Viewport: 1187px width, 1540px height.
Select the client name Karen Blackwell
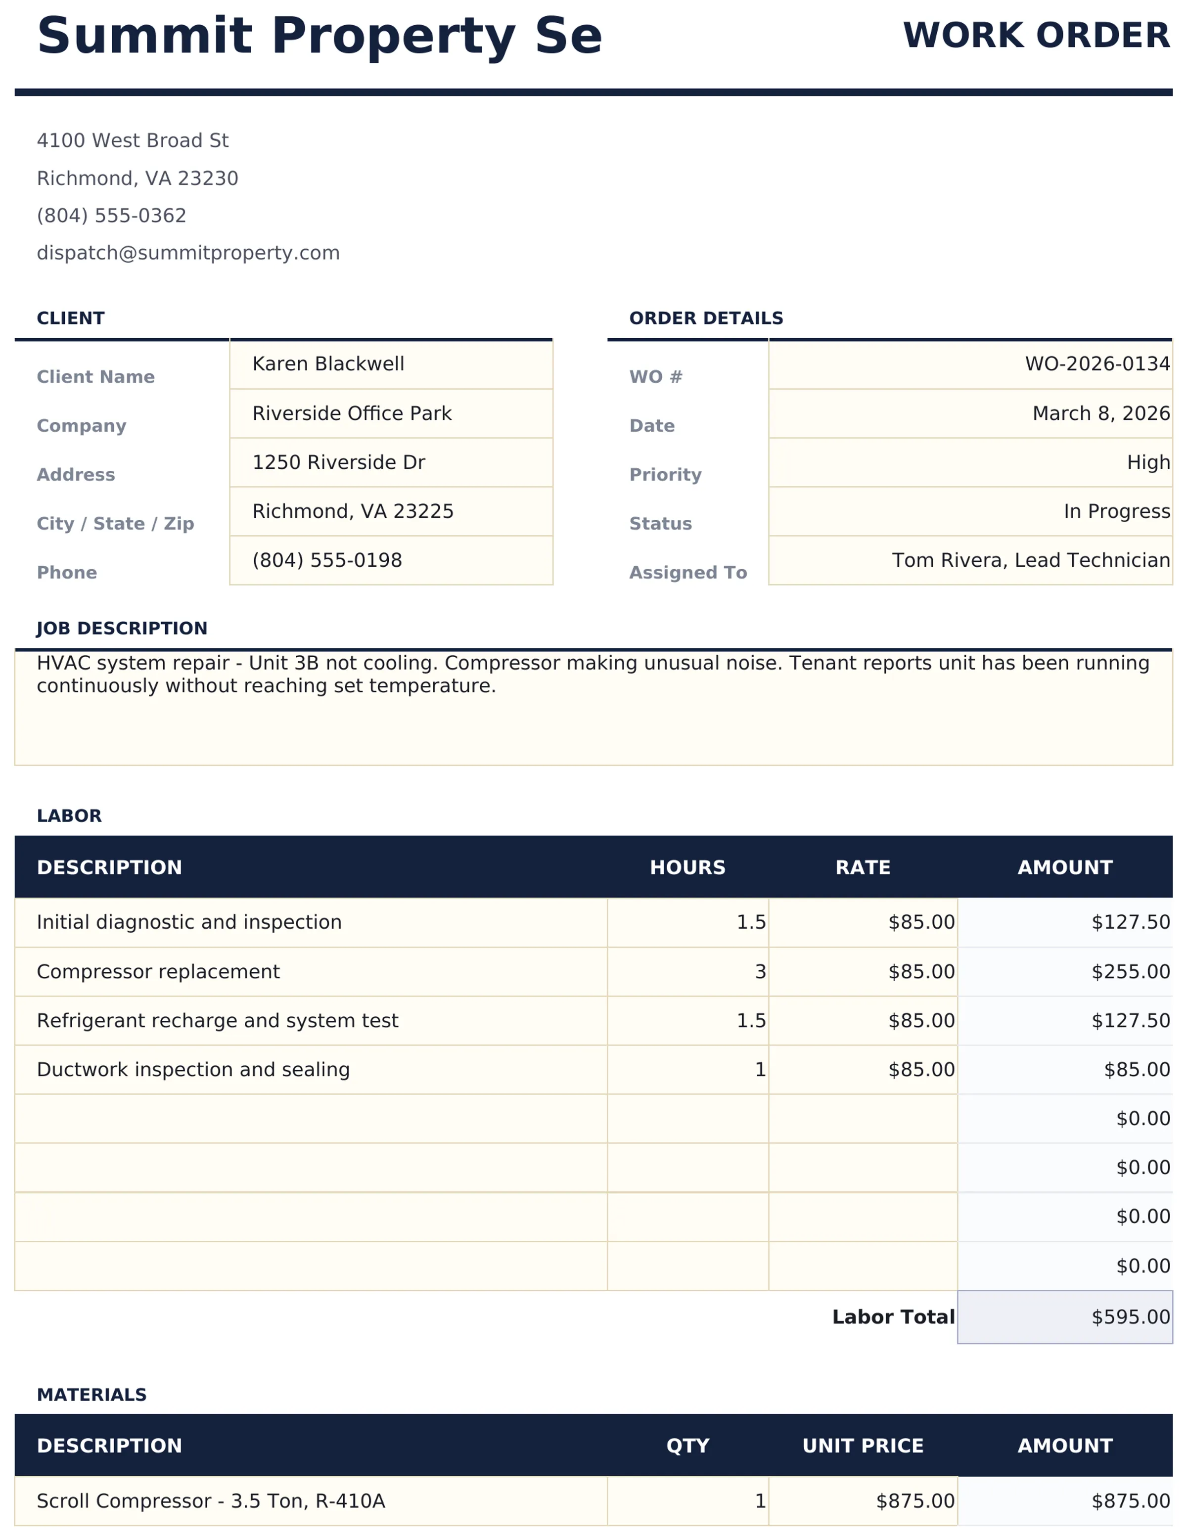click(x=328, y=364)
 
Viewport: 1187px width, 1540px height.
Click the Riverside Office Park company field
click(x=352, y=413)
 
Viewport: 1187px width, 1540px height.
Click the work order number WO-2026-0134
click(x=1096, y=364)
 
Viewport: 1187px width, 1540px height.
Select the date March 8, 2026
click(x=1100, y=413)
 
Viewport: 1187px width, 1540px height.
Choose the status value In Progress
click(x=1116, y=511)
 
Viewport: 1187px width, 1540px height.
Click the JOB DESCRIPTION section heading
click(x=122, y=628)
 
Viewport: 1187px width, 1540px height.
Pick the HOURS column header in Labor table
click(x=687, y=867)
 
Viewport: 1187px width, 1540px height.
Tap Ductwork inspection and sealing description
click(x=193, y=1070)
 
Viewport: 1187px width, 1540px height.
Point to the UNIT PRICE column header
click(x=863, y=1446)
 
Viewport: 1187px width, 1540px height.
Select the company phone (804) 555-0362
click(x=111, y=215)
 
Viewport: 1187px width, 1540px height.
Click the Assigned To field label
click(x=687, y=573)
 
